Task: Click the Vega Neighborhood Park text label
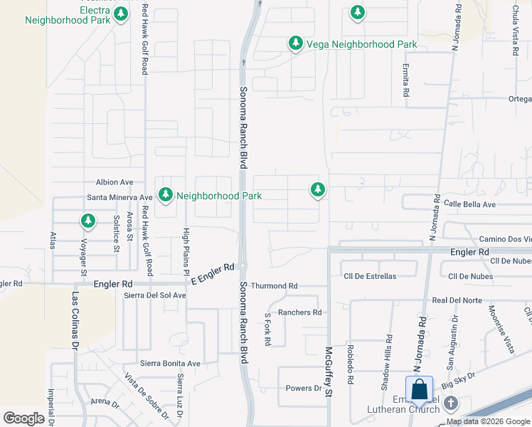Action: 361,44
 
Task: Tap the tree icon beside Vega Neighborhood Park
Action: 295,43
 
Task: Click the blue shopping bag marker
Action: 420,390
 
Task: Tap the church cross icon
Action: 449,404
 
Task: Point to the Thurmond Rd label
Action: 274,286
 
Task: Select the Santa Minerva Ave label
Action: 119,197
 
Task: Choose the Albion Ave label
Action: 115,182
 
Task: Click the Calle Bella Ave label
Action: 469,204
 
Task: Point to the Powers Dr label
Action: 304,388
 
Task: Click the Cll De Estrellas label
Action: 370,276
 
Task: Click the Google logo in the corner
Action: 23,418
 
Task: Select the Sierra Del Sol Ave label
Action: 154,295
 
